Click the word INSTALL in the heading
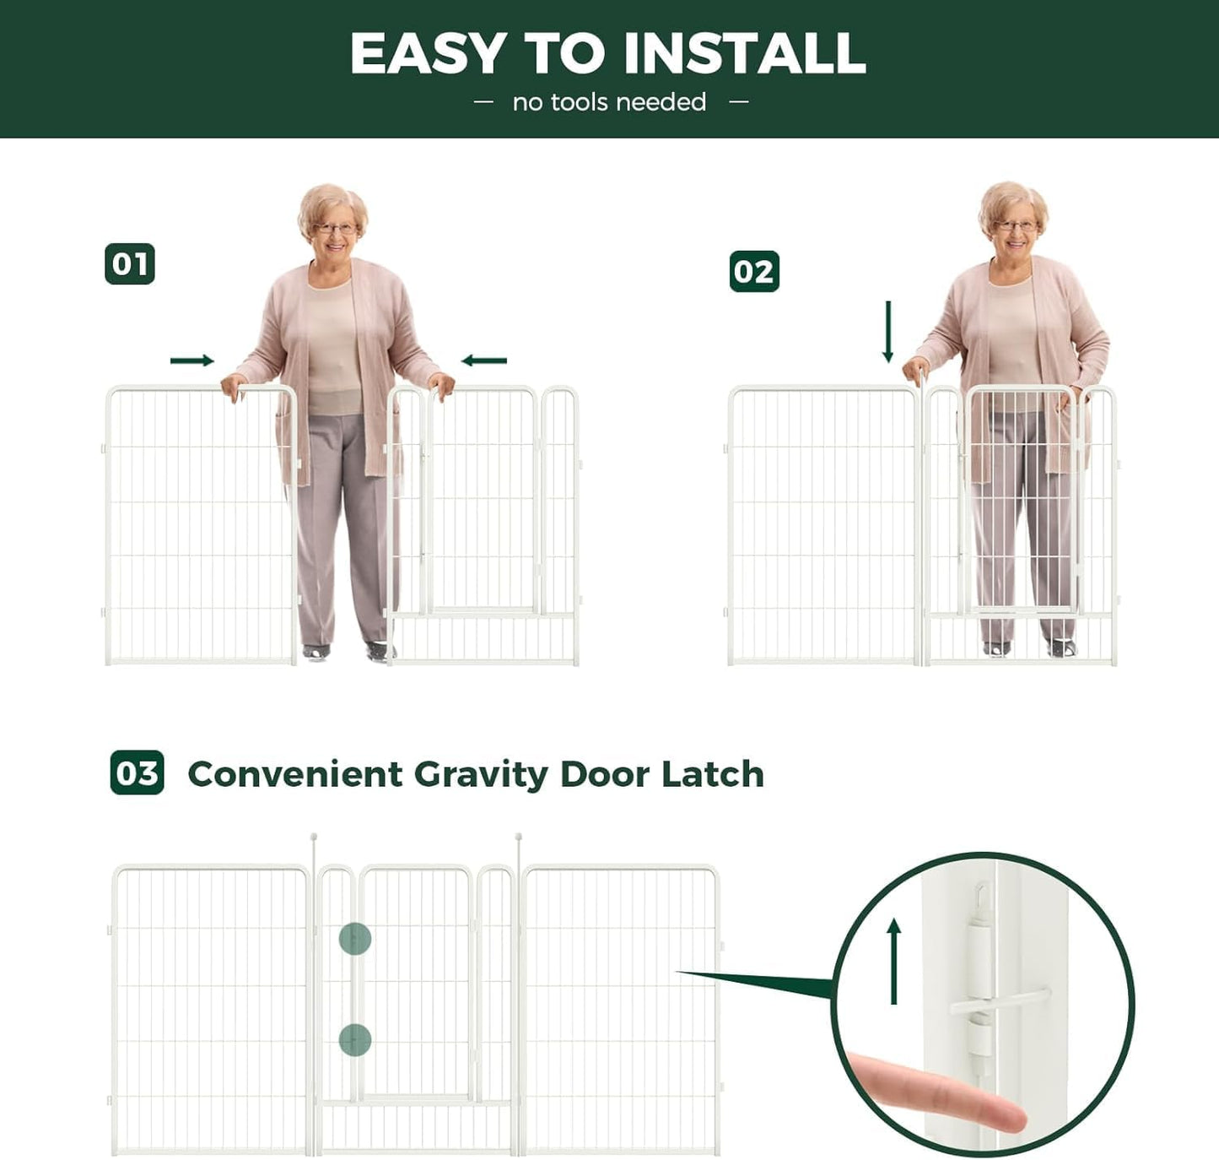click(744, 54)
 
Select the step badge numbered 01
click(130, 264)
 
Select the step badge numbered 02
click(754, 272)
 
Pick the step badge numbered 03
click(138, 773)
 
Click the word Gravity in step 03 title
click(481, 775)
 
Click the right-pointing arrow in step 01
click(192, 361)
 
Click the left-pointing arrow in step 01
click(484, 361)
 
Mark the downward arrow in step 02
click(887, 332)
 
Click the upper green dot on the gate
click(355, 939)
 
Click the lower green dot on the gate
click(355, 1040)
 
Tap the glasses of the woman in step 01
click(335, 228)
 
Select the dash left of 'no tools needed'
click(483, 102)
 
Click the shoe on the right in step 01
click(379, 651)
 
